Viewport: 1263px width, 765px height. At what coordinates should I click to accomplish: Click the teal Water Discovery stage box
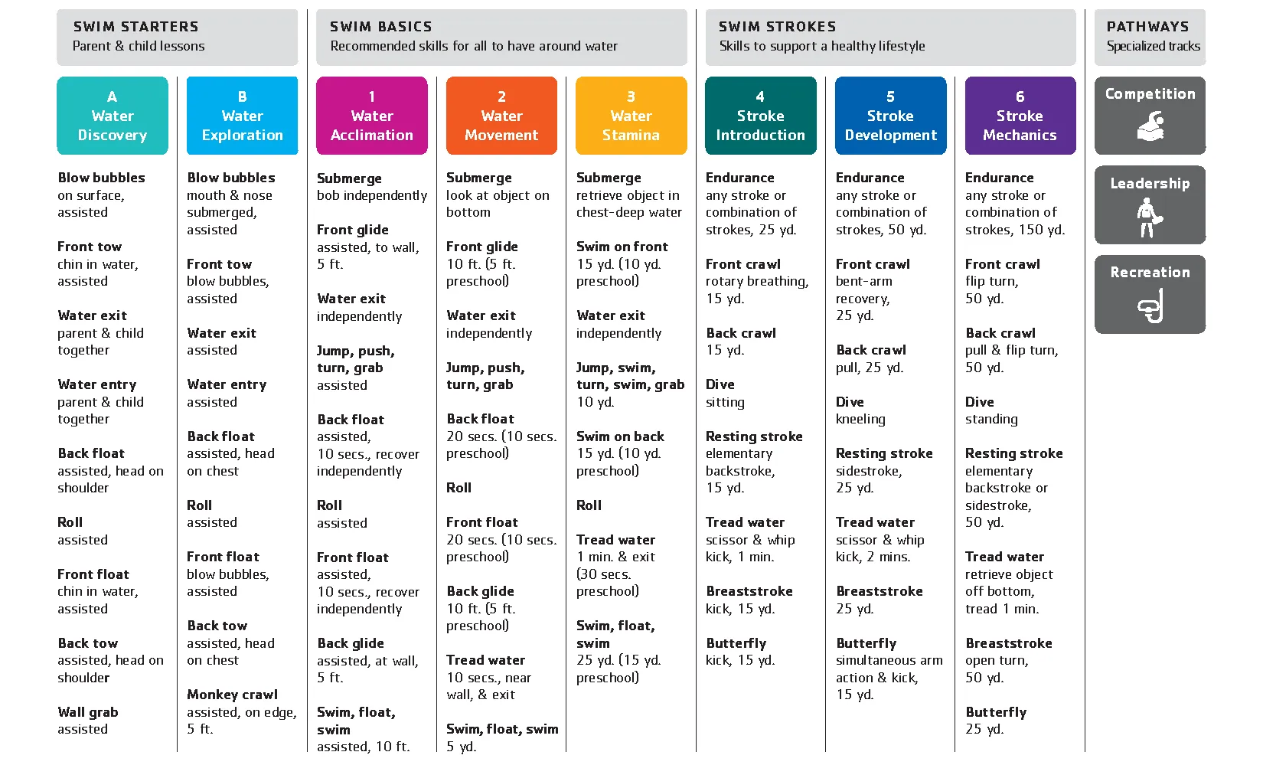point(113,116)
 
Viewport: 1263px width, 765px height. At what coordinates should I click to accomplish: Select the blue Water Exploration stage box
point(242,116)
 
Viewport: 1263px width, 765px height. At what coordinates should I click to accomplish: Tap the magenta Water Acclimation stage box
point(372,116)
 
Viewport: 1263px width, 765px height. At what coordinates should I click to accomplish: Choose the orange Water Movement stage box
point(501,116)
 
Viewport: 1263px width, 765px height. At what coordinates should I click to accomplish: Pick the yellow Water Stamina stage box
point(631,116)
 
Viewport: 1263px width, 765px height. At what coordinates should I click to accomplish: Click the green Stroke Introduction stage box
point(760,116)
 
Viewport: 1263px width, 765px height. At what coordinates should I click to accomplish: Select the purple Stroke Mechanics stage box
point(1020,116)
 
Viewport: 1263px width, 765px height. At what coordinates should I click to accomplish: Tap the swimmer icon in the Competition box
point(1150,126)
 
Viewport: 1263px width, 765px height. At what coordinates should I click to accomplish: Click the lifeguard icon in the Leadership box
point(1148,217)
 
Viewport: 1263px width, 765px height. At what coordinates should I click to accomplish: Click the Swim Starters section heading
point(136,27)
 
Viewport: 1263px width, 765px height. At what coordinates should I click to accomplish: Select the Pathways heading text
point(1147,27)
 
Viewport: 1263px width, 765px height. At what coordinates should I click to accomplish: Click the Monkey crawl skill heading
point(232,695)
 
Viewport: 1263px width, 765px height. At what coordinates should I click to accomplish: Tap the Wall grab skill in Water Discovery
point(88,712)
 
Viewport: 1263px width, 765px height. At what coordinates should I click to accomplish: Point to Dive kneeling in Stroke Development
point(860,419)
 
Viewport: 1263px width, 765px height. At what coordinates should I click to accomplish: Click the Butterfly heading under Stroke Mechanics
point(996,712)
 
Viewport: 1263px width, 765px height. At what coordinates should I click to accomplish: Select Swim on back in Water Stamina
point(620,436)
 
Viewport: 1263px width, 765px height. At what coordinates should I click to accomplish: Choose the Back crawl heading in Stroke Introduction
point(741,333)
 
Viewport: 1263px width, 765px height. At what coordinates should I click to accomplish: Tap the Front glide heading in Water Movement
point(482,247)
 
